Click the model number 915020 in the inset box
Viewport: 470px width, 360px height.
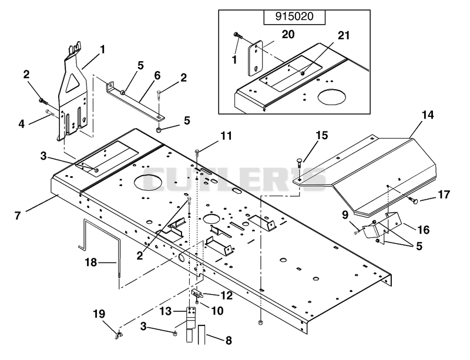(294, 16)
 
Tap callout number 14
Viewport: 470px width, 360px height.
(428, 115)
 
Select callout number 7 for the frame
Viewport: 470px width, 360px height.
(18, 215)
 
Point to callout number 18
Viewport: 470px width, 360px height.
(91, 263)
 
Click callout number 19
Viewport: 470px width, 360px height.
(99, 314)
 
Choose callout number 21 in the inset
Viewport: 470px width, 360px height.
(344, 35)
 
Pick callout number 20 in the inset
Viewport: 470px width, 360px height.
(288, 34)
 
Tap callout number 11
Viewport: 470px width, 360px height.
(226, 136)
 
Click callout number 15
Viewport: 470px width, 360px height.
(322, 135)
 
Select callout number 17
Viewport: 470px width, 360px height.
(444, 194)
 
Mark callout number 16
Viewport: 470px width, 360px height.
(424, 230)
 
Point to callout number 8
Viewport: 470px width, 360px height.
(229, 341)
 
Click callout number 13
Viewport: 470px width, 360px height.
(166, 311)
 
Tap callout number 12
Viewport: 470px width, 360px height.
(227, 295)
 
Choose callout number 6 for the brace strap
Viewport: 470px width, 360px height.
(157, 75)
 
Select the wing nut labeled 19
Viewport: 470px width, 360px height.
(118, 335)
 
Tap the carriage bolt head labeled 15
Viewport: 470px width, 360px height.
(300, 160)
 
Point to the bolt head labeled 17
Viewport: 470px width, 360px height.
(415, 200)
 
